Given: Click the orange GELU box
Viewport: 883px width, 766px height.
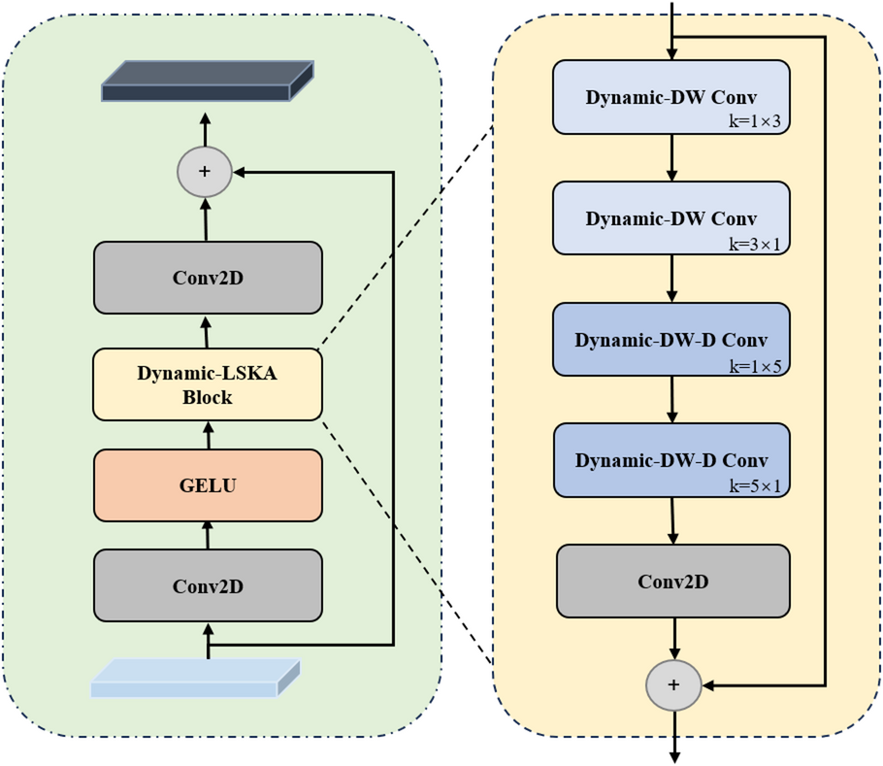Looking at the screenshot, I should point(208,484).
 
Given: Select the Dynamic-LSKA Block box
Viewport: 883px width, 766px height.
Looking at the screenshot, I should point(208,384).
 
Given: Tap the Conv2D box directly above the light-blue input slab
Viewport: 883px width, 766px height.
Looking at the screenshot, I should point(208,585).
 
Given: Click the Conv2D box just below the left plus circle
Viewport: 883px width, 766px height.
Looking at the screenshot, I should point(208,278).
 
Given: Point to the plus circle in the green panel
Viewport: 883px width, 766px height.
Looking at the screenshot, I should point(205,171).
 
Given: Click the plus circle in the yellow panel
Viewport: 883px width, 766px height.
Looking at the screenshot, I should point(673,685).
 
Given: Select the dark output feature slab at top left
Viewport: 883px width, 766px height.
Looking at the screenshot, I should point(208,82).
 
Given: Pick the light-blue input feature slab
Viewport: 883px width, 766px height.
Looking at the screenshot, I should point(195,678).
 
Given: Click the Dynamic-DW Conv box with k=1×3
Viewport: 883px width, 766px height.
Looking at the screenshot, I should point(671,97).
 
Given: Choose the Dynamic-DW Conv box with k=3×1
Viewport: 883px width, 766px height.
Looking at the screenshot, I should point(671,218).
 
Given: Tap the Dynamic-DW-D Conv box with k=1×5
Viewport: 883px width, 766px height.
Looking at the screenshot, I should point(671,340).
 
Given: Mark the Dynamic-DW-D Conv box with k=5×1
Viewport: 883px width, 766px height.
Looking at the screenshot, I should point(671,459).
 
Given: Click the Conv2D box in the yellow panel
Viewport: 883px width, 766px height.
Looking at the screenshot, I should point(672,581).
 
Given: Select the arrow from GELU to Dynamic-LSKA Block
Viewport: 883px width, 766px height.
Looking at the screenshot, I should point(207,435).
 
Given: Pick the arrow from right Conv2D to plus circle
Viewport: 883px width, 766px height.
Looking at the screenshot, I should point(673,638).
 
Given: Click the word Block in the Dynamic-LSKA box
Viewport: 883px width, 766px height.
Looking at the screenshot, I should point(207,397).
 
